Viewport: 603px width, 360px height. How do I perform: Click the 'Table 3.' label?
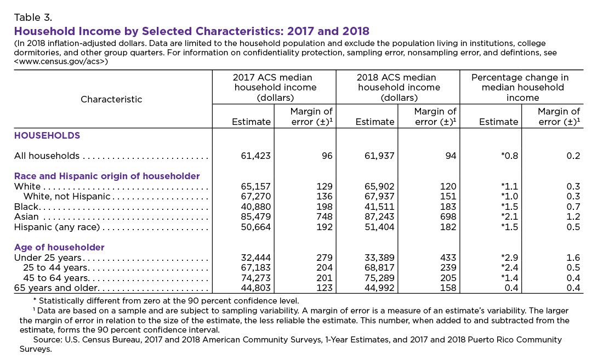(x=33, y=18)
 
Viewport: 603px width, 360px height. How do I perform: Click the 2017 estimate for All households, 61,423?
(x=256, y=156)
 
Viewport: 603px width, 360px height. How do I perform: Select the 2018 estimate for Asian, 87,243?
(x=379, y=216)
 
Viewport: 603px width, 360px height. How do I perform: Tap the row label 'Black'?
(x=26, y=207)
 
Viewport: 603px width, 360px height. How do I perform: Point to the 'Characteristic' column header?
(x=111, y=99)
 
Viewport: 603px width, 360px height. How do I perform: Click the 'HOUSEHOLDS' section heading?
(x=47, y=135)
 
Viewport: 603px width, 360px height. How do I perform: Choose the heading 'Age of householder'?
(x=59, y=247)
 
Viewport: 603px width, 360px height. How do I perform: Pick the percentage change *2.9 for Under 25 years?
(x=510, y=258)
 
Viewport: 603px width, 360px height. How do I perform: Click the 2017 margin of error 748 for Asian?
(x=325, y=216)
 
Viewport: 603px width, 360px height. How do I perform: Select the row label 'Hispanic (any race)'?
(x=57, y=227)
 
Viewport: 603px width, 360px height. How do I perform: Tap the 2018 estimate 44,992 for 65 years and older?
(x=379, y=288)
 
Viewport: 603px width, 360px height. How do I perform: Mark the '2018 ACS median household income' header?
(x=399, y=88)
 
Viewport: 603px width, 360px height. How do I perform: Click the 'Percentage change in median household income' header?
(x=522, y=88)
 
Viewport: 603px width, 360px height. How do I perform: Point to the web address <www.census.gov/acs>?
(x=61, y=61)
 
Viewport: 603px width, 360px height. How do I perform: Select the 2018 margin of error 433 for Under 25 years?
(x=448, y=258)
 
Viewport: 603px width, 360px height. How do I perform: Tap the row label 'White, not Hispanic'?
(x=67, y=196)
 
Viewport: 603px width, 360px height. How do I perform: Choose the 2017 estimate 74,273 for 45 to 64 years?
(x=256, y=278)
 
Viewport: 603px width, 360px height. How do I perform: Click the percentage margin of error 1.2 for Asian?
(x=573, y=216)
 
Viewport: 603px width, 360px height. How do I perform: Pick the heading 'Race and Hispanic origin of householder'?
(x=107, y=176)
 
